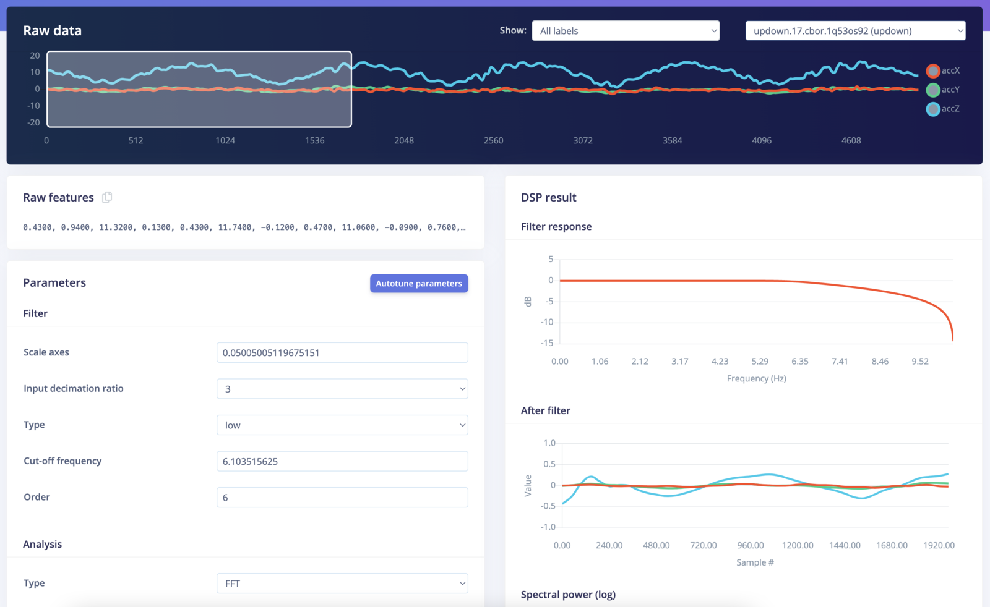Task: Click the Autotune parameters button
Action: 419,284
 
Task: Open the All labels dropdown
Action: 626,31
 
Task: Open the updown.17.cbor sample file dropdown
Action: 855,31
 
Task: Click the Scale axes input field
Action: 342,353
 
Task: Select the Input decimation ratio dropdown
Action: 342,389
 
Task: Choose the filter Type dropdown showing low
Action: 342,425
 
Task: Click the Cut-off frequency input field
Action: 342,462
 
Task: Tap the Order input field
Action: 342,498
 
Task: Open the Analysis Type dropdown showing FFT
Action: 342,584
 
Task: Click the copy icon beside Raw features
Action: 107,197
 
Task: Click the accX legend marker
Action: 933,71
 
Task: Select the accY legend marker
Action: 933,90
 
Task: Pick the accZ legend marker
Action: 933,109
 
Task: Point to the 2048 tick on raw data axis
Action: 404,141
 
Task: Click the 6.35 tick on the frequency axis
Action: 799,362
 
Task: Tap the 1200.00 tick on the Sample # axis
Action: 798,546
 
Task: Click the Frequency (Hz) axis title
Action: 756,378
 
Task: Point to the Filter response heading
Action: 556,227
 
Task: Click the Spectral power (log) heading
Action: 568,595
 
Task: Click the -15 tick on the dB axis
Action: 547,343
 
